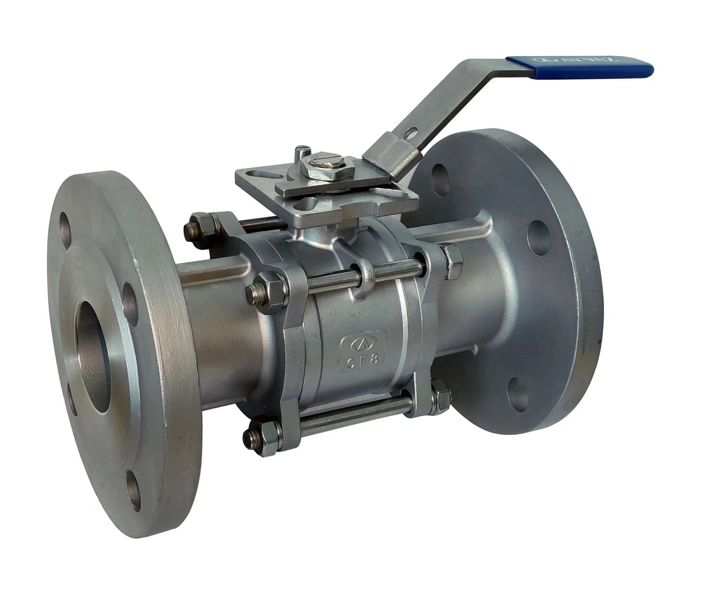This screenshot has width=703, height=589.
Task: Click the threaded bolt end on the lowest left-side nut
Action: [x=250, y=435]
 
